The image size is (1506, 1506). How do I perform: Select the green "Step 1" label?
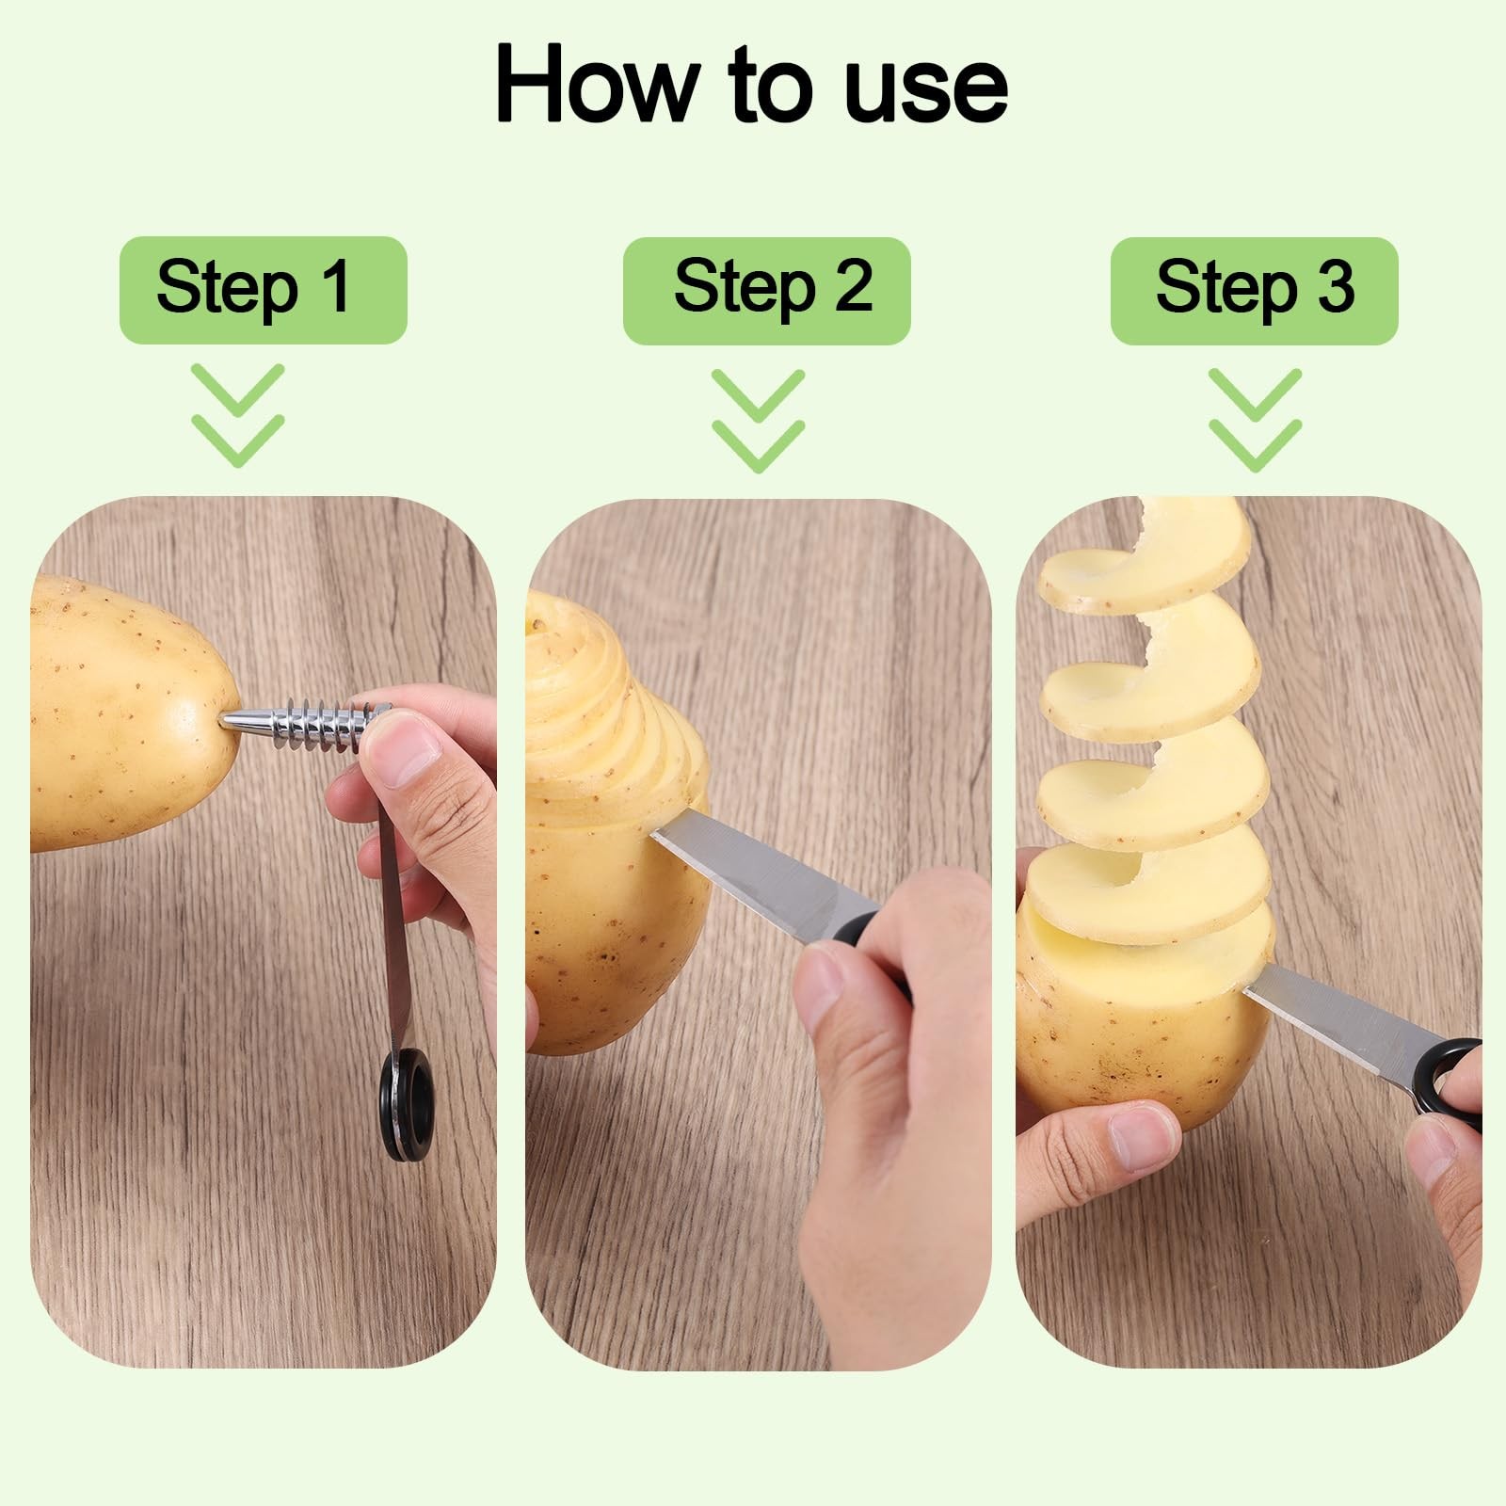tap(264, 290)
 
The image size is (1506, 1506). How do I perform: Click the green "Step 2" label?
tap(767, 290)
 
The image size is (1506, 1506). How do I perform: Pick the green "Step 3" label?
tap(1255, 290)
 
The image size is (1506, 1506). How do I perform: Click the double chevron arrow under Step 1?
tap(238, 415)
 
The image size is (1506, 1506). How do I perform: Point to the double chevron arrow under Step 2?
tap(759, 420)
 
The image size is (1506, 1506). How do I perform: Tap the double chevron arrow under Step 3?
tap(1256, 420)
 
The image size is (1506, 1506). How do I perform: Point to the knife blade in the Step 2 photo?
tap(762, 876)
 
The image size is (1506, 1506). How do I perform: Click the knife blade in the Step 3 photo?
tap(1341, 1017)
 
